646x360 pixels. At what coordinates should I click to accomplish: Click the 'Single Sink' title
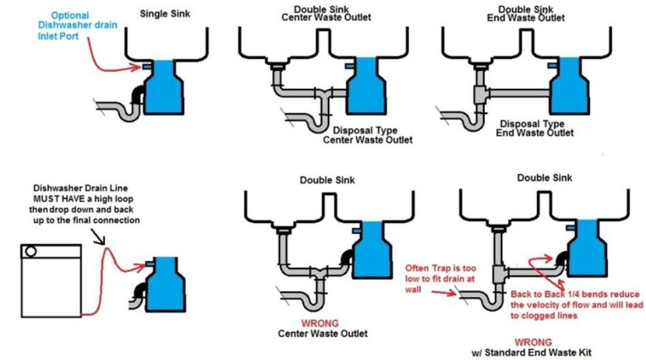pos(165,14)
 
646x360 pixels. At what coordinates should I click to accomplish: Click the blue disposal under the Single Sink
pos(164,87)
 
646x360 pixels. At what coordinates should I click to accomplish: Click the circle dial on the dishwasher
pos(31,251)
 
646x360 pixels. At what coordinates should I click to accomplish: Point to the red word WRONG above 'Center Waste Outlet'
pos(320,323)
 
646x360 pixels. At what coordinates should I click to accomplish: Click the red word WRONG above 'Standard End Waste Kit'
pos(533,342)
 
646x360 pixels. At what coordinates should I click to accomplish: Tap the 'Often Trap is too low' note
pos(440,279)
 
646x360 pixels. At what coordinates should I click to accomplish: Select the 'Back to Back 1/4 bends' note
pos(576,305)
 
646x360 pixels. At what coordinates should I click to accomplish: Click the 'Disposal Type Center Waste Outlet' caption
pos(367,135)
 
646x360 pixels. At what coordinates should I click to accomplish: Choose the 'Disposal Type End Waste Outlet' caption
pos(534,127)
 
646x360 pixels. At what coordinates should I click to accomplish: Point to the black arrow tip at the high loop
pos(104,243)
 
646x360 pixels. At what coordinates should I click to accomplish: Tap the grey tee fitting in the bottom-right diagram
pos(500,274)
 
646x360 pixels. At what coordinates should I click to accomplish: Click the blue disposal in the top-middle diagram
pos(366,85)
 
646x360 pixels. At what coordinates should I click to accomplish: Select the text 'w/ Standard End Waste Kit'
pos(532,352)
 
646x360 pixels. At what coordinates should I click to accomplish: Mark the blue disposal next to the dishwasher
pos(166,285)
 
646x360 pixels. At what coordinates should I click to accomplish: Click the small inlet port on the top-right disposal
pos(552,65)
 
